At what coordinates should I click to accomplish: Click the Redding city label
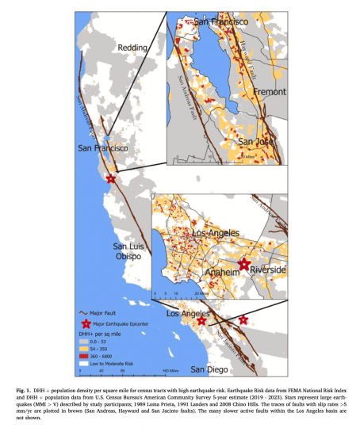[132, 48]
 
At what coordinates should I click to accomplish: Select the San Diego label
[206, 370]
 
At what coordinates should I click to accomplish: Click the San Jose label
[256, 143]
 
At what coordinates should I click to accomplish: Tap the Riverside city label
[267, 270]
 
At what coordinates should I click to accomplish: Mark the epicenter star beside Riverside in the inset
[245, 264]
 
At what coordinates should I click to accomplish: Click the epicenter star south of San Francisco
[111, 180]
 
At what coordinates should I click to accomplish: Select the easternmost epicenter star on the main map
[243, 319]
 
